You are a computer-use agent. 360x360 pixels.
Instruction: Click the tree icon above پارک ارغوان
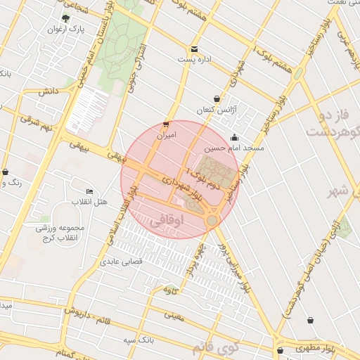66,18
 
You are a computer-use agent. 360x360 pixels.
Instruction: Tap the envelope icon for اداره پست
194,49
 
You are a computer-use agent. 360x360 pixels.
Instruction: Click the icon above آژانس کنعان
217,98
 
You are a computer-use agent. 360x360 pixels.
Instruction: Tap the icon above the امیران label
166,122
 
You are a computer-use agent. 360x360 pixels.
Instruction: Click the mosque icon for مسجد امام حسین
234,137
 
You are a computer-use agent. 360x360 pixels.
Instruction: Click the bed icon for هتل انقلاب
89,191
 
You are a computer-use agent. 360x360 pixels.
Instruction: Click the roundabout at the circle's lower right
212,221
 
